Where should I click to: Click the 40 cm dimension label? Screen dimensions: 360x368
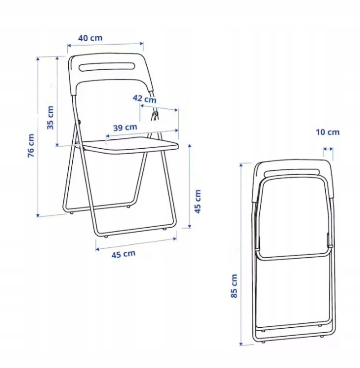(x=90, y=38)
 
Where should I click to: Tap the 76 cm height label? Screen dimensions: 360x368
(x=31, y=146)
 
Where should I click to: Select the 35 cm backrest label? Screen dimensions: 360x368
(x=50, y=118)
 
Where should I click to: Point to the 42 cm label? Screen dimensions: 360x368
(x=144, y=99)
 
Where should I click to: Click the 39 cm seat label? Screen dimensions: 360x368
(x=125, y=128)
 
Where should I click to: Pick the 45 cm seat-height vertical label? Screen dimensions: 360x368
(x=198, y=201)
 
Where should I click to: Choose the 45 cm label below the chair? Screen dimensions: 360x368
(x=123, y=254)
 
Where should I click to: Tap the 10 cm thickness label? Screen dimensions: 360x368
(x=328, y=132)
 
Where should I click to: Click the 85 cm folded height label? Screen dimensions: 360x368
(x=234, y=286)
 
